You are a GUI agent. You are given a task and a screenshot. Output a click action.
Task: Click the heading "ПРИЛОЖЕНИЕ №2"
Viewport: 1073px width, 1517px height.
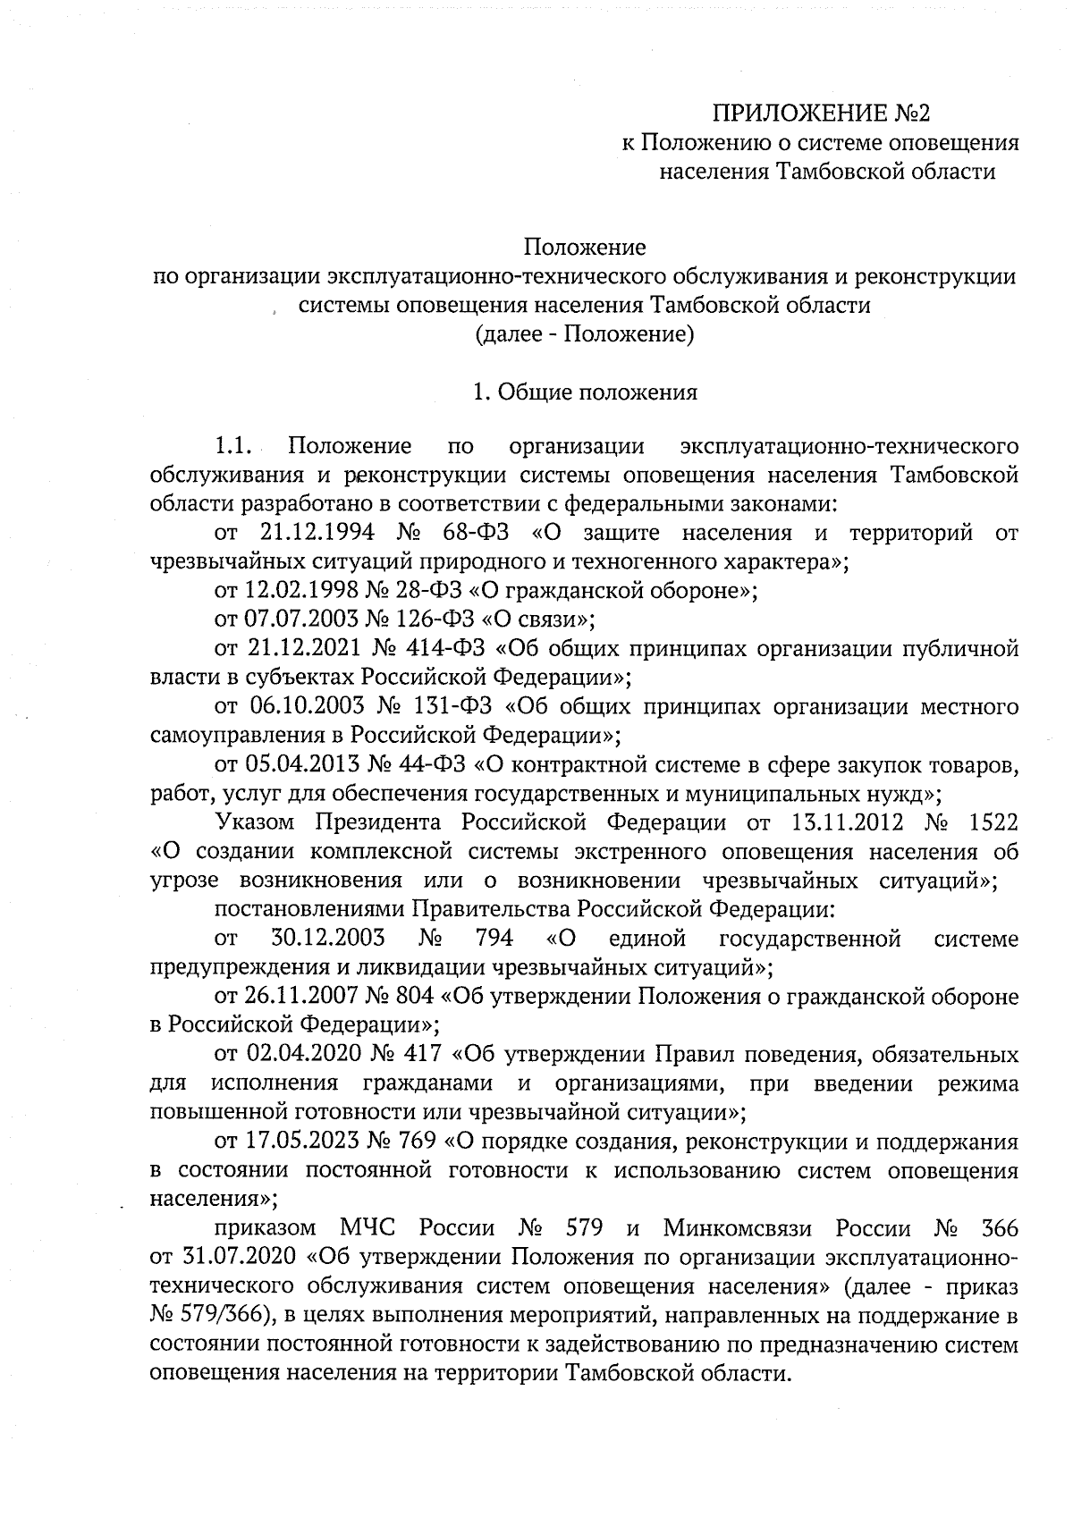821,114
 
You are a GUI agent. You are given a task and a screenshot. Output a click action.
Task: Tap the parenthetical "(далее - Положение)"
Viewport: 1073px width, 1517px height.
584,334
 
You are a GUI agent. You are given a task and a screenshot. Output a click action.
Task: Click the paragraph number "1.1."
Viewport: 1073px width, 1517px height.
236,445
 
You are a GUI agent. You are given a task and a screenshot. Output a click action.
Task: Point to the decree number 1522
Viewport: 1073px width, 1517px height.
993,823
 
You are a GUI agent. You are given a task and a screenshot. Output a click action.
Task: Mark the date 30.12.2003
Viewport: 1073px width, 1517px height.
327,940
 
